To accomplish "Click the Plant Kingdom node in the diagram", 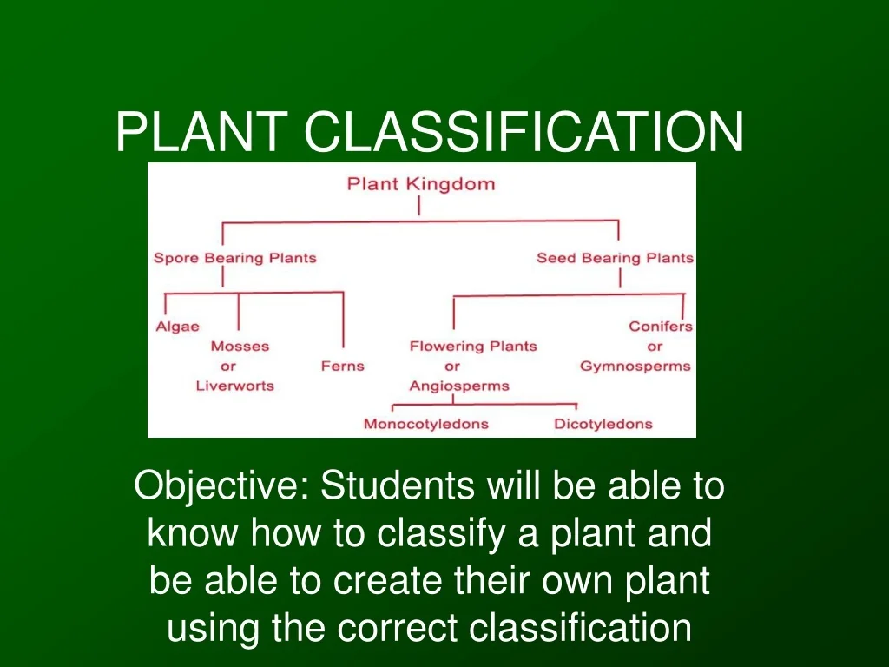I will pos(420,184).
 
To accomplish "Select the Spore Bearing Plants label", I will pos(234,258).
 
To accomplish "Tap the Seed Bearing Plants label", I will pos(615,258).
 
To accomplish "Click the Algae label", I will pos(177,327).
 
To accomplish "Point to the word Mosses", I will pos(240,346).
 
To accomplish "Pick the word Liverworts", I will pos(234,386).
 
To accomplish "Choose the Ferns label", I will pos(342,366).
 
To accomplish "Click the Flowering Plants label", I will pos(473,346).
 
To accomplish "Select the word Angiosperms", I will pos(459,386).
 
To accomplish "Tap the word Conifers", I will pos(661,327).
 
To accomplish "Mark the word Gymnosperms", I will pos(635,366).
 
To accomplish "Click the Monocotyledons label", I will pos(425,425).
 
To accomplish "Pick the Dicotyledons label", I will pos(603,425).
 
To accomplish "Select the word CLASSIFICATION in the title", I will pos(524,132).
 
